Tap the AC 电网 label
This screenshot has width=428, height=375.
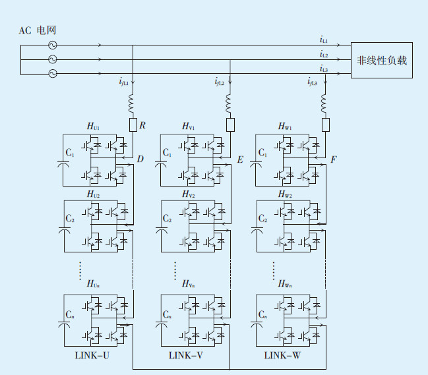(x=39, y=31)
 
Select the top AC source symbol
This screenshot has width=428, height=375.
(x=52, y=45)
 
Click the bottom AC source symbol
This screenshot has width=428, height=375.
(x=52, y=74)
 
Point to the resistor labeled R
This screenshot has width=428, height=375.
(x=133, y=125)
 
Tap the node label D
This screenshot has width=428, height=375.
(x=140, y=159)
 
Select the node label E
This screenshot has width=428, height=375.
(x=239, y=159)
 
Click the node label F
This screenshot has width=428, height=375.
(x=334, y=159)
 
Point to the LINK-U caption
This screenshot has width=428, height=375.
(x=93, y=356)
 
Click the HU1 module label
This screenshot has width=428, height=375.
(x=94, y=126)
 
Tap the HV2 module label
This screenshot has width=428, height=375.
(x=189, y=194)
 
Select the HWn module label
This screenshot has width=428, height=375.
(x=285, y=284)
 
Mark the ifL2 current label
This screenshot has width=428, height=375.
(x=220, y=82)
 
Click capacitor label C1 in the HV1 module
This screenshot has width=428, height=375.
(x=168, y=153)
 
